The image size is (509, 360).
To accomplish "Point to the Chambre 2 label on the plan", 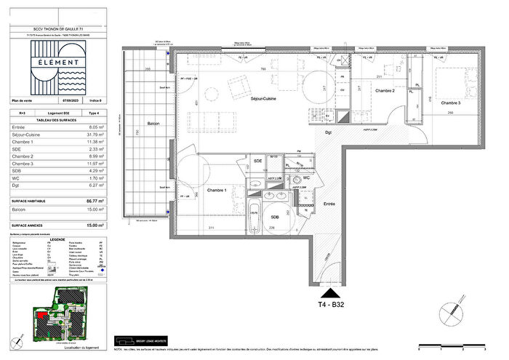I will pyautogui.click(x=385, y=90).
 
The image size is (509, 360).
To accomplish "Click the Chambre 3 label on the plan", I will pyautogui.click(x=455, y=103).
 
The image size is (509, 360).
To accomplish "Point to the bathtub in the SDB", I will pyautogui.click(x=254, y=219).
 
